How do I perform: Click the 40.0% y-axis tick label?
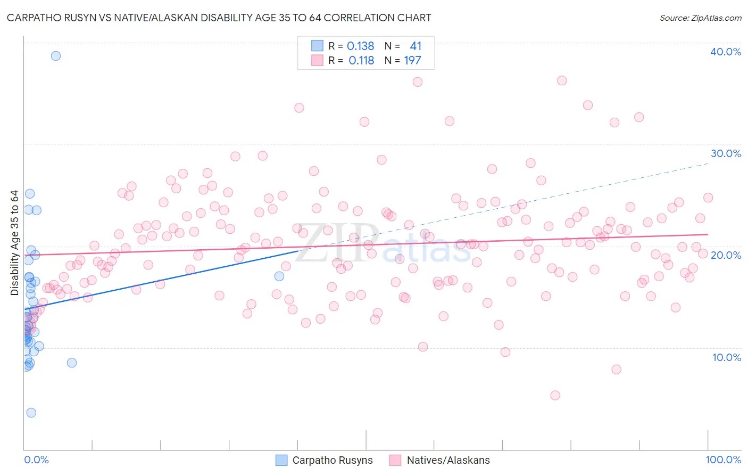pos(726,52)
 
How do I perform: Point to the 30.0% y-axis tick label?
pos(726,153)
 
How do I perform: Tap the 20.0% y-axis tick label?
pos(726,255)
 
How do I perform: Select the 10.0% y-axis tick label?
pos(727,357)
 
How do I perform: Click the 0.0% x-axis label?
pos(36,460)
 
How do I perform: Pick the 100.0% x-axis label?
pos(723,460)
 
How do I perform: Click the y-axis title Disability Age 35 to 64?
pos(14,243)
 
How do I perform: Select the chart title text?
pos(219,18)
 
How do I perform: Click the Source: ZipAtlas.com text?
pos(700,18)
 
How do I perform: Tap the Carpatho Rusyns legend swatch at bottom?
pos(281,460)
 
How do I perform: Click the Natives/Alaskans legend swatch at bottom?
pos(395,460)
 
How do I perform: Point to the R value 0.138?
pos(360,46)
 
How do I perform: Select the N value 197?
pos(412,61)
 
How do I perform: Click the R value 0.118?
pos(361,61)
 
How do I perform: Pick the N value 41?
pos(415,46)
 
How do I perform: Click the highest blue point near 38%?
pos(55,56)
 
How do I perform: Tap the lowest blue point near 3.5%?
pos(31,413)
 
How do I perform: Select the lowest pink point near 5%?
pos(555,395)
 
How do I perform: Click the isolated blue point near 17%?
pos(279,276)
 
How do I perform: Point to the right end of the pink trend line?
pos(708,234)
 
